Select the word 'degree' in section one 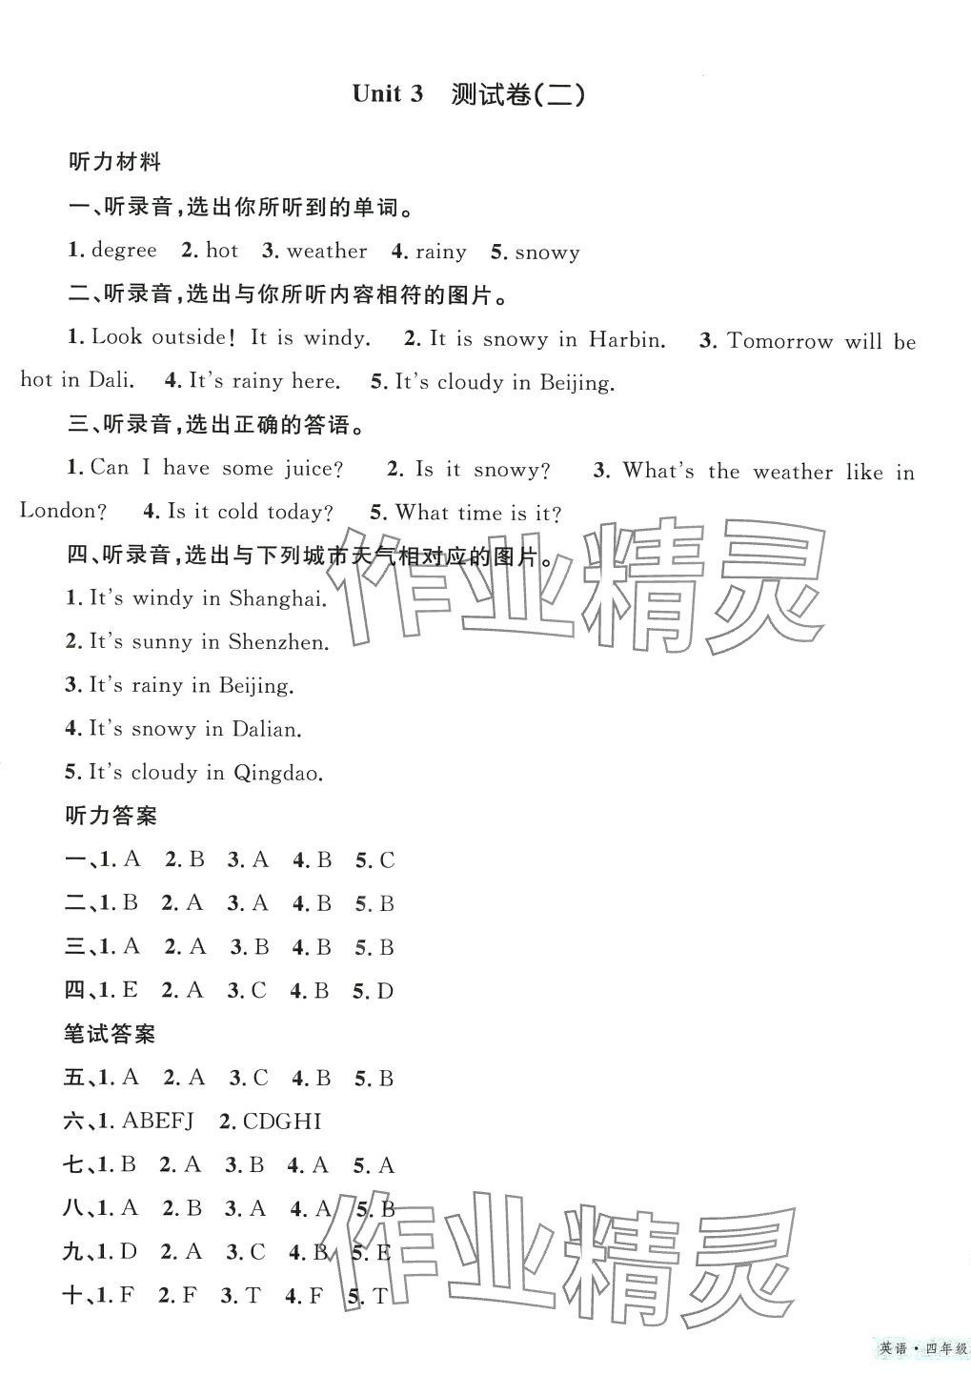[x=124, y=251]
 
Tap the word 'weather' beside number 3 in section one [x=326, y=251]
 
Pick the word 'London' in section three [x=58, y=511]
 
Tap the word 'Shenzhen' [x=277, y=642]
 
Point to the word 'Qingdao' [x=277, y=773]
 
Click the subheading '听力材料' [x=114, y=162]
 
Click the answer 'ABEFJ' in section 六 [x=157, y=1122]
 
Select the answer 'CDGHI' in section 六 [x=282, y=1122]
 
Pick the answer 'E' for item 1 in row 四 [x=130, y=991]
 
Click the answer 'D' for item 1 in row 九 [x=131, y=1252]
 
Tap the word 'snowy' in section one [x=547, y=252]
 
